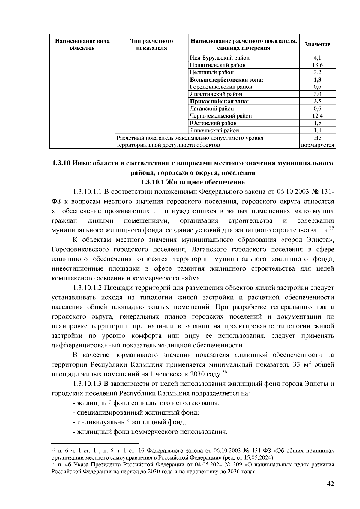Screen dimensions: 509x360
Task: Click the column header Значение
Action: click(x=317, y=44)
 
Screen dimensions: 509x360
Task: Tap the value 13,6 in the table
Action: click(x=317, y=65)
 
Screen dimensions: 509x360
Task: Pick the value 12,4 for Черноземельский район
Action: click(x=317, y=116)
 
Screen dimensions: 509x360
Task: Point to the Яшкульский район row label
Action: click(x=215, y=130)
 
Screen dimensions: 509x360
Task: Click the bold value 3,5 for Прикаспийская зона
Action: click(x=317, y=101)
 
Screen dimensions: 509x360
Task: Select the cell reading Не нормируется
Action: click(x=317, y=142)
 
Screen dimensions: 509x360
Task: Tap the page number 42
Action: click(x=330, y=484)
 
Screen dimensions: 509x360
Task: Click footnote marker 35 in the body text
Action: click(x=332, y=228)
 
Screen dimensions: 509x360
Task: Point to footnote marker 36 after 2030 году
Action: click(x=224, y=372)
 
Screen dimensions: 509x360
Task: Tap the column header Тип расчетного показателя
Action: click(x=152, y=44)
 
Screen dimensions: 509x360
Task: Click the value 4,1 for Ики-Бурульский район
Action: click(x=317, y=58)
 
